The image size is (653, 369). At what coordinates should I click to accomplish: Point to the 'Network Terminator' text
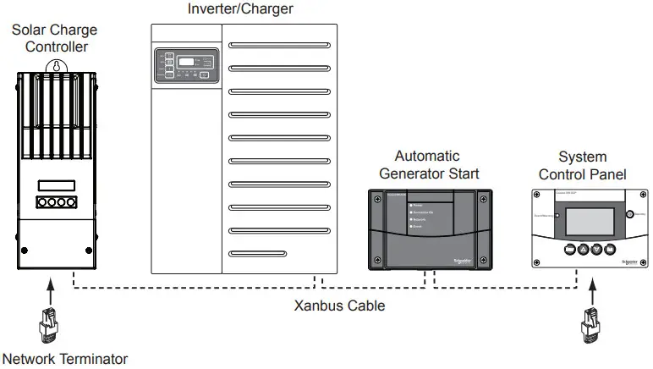(65, 358)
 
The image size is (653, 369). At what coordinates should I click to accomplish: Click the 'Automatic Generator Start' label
(427, 165)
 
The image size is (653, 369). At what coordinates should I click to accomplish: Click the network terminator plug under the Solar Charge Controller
(47, 326)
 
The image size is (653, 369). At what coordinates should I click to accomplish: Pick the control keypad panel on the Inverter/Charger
(185, 65)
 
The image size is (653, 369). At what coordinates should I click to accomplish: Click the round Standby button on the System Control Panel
(628, 214)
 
